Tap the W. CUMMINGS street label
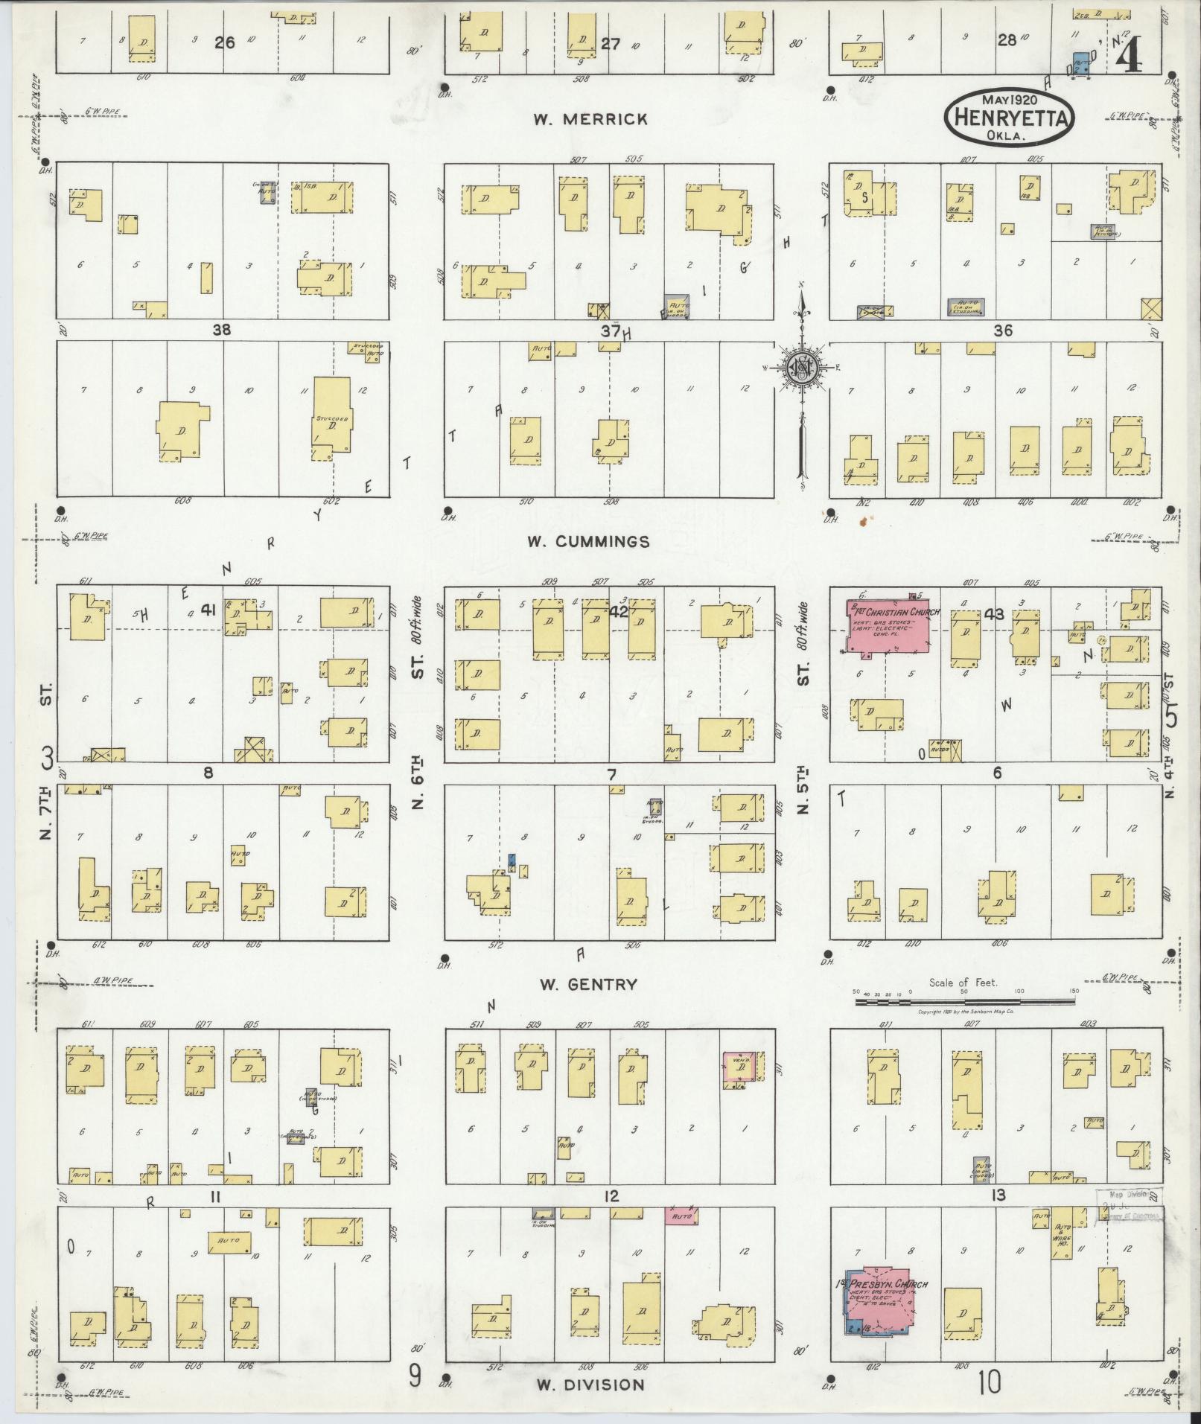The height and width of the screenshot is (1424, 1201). point(588,541)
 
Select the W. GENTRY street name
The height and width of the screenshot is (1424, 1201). point(588,985)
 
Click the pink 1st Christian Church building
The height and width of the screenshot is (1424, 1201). point(888,625)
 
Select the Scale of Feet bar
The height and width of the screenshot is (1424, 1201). point(964,1003)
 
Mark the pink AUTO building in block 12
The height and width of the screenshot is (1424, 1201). point(681,1216)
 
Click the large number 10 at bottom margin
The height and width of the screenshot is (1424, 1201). point(990,1384)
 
